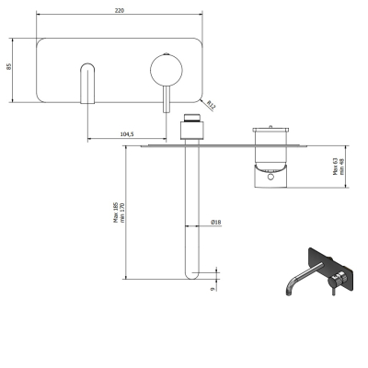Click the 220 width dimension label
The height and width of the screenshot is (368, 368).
pyautogui.click(x=120, y=10)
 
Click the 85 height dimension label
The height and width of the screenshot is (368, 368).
pyautogui.click(x=9, y=66)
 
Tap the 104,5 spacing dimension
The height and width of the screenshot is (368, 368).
pyautogui.click(x=127, y=134)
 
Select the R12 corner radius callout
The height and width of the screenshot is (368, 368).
pyautogui.click(x=211, y=105)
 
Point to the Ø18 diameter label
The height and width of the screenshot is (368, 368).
pyautogui.click(x=216, y=222)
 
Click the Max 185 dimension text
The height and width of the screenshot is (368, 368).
pyautogui.click(x=116, y=213)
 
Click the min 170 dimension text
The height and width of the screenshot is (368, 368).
pyautogui.click(x=122, y=213)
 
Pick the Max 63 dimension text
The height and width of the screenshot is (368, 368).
pyautogui.click(x=335, y=167)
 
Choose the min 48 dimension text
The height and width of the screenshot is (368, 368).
pyautogui.click(x=341, y=167)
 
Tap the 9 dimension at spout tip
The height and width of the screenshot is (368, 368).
pyautogui.click(x=213, y=289)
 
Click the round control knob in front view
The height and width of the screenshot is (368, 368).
pyautogui.click(x=167, y=70)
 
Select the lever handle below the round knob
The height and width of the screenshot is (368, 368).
pyautogui.click(x=167, y=99)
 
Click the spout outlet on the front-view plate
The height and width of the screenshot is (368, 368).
pyautogui.click(x=87, y=84)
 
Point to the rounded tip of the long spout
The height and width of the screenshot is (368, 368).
pyautogui.click(x=192, y=275)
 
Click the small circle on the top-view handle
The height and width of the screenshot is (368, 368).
pyautogui.click(x=270, y=177)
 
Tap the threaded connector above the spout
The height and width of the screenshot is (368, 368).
pyautogui.click(x=192, y=118)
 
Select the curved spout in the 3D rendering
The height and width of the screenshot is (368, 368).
pyautogui.click(x=302, y=277)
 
